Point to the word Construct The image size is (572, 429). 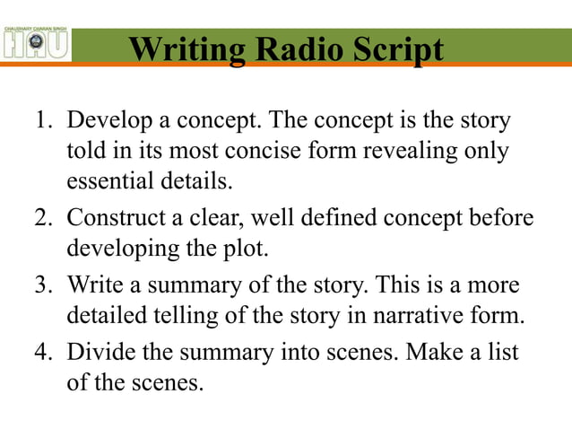111,218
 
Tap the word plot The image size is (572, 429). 246,249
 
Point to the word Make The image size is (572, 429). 434,353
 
